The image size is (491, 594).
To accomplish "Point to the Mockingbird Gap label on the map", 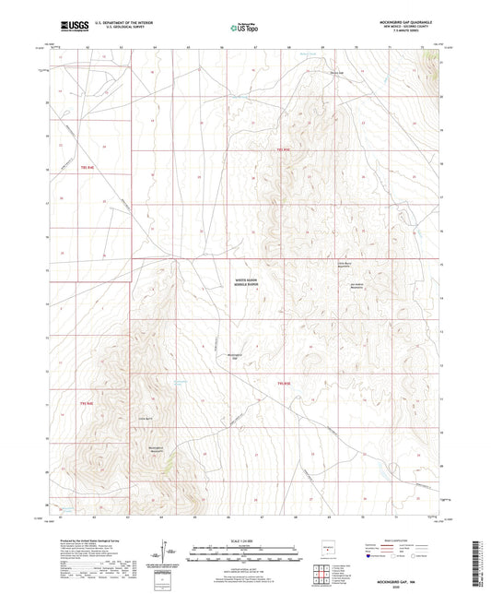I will click(234, 356).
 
